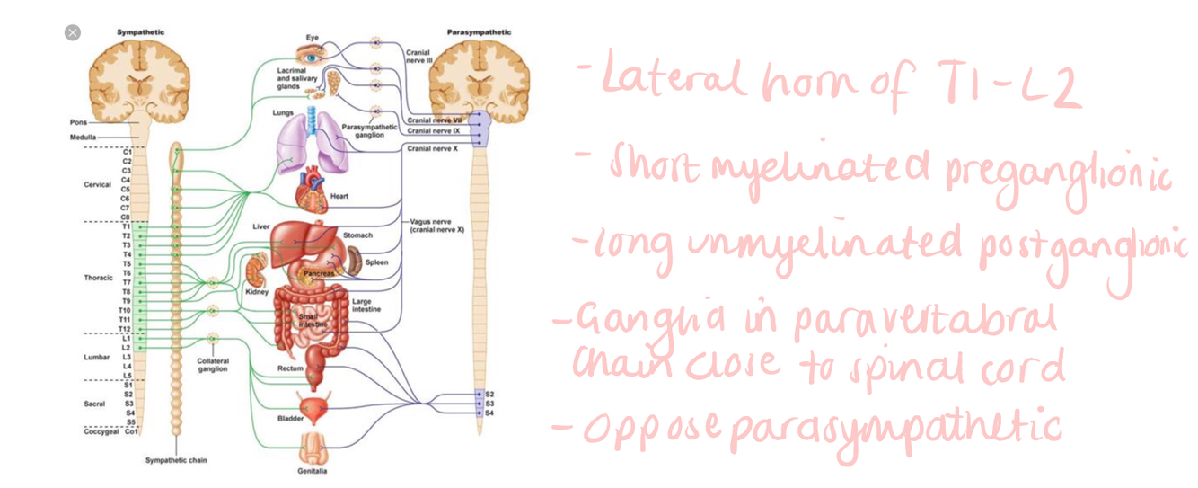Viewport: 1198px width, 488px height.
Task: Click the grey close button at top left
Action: pyautogui.click(x=73, y=32)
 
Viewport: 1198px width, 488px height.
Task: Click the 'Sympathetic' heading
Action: pyautogui.click(x=140, y=32)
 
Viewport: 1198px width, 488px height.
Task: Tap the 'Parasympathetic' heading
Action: pyautogui.click(x=479, y=32)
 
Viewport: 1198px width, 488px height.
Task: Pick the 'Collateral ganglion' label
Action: pyautogui.click(x=213, y=365)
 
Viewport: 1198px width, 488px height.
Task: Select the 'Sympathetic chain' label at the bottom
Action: pyautogui.click(x=176, y=460)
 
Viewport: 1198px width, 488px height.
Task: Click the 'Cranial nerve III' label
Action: pyautogui.click(x=419, y=57)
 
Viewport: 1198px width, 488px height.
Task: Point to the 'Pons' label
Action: pyautogui.click(x=78, y=122)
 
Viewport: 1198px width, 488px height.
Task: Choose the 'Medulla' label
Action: pyautogui.click(x=83, y=137)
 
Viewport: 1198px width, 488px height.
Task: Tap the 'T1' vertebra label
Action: pyautogui.click(x=127, y=226)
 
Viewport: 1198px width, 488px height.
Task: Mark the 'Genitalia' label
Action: pyautogui.click(x=313, y=471)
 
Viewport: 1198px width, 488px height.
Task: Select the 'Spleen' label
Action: pyautogui.click(x=376, y=262)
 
